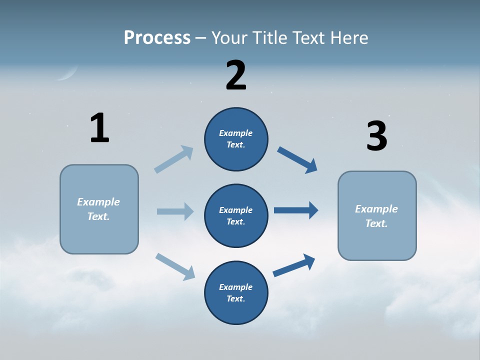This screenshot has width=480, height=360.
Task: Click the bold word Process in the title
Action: click(157, 37)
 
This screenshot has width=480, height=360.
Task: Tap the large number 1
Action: click(99, 128)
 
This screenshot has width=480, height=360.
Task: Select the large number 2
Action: click(236, 75)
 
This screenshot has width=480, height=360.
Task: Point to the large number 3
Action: click(377, 136)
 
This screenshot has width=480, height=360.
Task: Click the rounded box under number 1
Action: click(99, 209)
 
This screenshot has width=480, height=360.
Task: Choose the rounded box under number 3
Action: click(377, 215)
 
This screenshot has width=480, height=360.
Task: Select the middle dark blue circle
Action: click(236, 215)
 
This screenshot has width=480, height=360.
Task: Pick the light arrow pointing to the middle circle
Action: click(175, 211)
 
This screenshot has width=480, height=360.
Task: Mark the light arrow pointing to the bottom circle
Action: click(175, 266)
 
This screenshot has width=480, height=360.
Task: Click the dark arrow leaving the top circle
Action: click(297, 160)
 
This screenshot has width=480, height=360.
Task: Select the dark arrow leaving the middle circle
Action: click(296, 210)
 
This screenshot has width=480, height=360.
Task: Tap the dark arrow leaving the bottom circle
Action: click(294, 265)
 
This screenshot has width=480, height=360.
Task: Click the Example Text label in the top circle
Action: click(236, 138)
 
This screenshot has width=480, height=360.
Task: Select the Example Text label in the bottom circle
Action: click(236, 292)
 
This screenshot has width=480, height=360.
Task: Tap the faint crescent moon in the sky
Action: click(67, 74)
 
